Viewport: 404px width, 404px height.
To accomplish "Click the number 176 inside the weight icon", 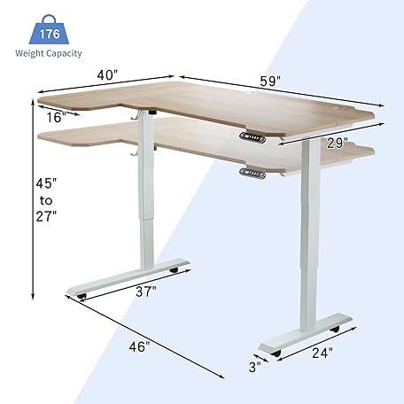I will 49,35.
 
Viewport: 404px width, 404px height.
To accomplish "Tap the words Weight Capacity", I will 49,53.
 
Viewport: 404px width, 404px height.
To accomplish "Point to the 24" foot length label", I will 322,352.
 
